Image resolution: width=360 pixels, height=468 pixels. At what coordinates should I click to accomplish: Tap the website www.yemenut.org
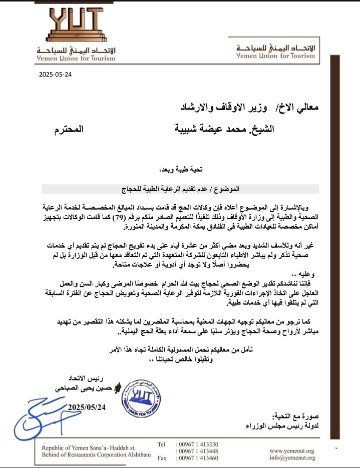click(x=292, y=450)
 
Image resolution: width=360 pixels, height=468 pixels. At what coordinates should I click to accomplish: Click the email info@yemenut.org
click(x=292, y=457)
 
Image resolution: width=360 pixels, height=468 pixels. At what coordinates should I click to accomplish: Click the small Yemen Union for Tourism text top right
click(x=275, y=56)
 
